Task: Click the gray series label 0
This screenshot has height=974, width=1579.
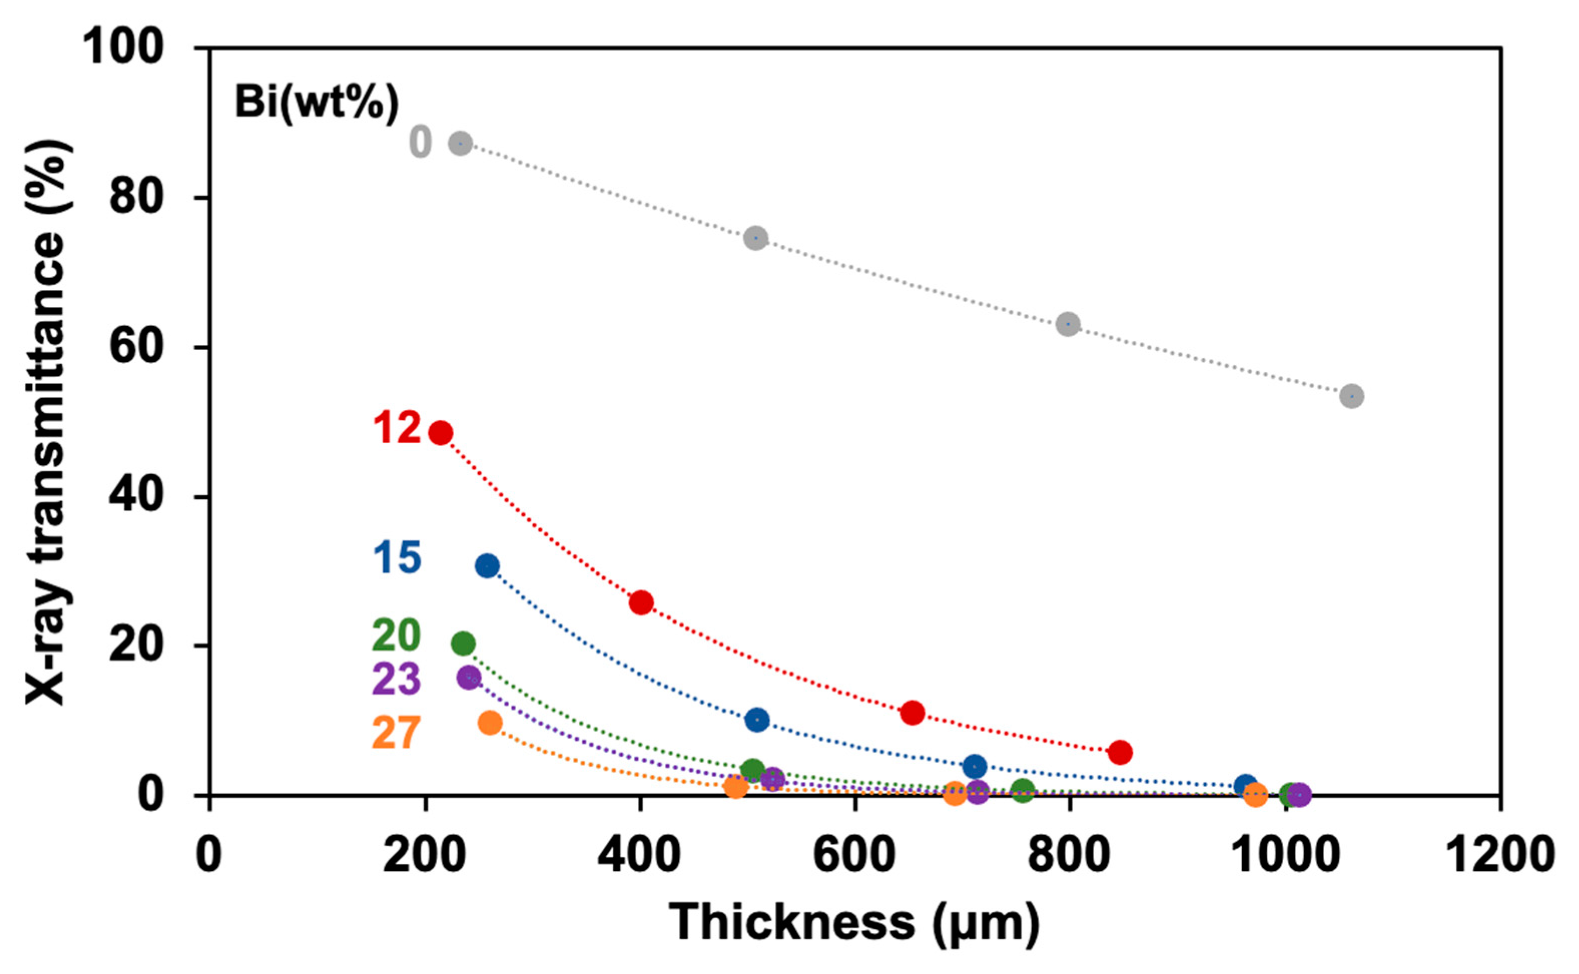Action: click(420, 142)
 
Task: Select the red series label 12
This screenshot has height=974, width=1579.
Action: click(397, 428)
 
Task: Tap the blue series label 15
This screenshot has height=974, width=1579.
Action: click(397, 557)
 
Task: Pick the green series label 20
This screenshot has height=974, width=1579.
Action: click(396, 635)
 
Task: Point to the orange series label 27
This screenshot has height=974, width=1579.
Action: click(396, 733)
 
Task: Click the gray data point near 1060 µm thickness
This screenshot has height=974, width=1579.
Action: click(1351, 396)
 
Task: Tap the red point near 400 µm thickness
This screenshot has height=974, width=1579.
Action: click(641, 602)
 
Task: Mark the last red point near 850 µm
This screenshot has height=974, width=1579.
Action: click(1120, 752)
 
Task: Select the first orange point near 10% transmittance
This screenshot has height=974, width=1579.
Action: click(490, 723)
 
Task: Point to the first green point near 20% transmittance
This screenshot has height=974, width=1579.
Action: click(463, 643)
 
